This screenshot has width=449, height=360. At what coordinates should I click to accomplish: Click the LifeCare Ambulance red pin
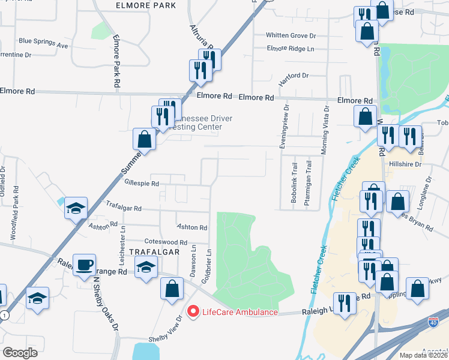pyautogui.click(x=193, y=312)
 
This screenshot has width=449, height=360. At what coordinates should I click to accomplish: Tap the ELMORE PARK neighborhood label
pyautogui.click(x=146, y=5)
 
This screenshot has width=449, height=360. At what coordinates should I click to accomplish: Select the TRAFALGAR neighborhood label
pyautogui.click(x=154, y=252)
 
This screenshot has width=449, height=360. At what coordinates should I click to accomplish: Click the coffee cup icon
pyautogui.click(x=84, y=265)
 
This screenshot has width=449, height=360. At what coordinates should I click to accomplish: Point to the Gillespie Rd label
pyautogui.click(x=141, y=184)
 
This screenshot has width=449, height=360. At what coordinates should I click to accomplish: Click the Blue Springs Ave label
pyautogui.click(x=43, y=43)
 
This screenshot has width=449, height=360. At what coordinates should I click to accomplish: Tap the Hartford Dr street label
pyautogui.click(x=293, y=76)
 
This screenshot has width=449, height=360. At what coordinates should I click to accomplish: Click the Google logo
pyautogui.click(x=20, y=353)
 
